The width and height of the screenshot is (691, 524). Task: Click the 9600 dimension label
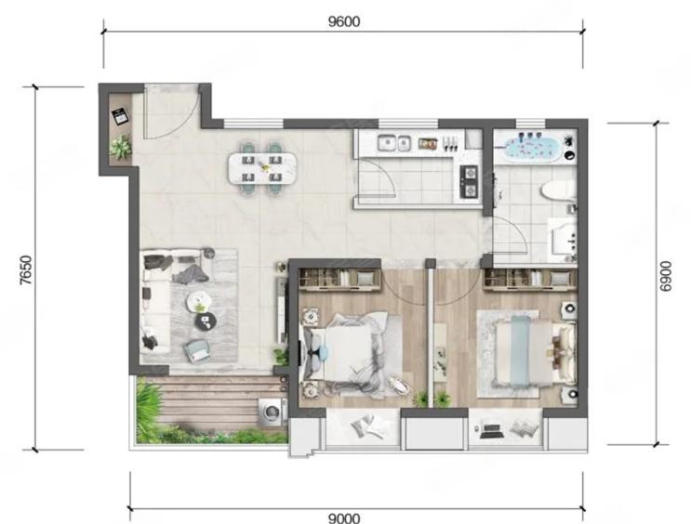(x=344, y=21)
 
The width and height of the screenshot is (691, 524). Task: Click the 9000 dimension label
(x=344, y=518)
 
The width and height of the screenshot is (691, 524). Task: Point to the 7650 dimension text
(x=26, y=269)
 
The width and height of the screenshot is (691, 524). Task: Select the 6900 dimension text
(x=666, y=276)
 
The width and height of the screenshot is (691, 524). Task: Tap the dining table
(x=261, y=168)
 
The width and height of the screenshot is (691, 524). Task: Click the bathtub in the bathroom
(x=533, y=149)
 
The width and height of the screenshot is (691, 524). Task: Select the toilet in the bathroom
(x=557, y=191)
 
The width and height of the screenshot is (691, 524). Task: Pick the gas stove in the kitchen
(x=469, y=181)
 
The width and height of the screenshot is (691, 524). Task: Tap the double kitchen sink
(x=394, y=143)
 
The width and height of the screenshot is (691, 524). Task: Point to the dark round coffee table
(x=206, y=321)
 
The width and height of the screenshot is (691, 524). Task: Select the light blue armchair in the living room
(x=197, y=351)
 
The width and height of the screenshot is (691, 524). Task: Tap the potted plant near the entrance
(x=121, y=146)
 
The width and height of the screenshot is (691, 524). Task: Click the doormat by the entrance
(x=120, y=116)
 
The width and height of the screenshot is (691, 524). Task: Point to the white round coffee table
(x=200, y=302)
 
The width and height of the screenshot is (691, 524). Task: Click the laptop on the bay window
(x=490, y=430)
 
